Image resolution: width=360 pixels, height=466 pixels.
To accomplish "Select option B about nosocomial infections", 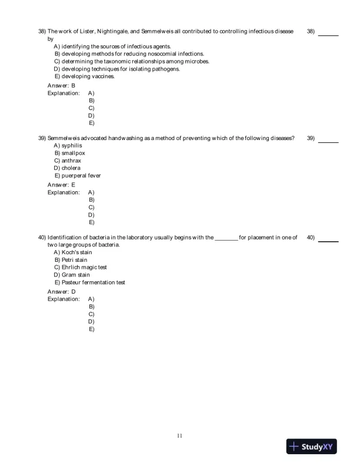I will point(129,54).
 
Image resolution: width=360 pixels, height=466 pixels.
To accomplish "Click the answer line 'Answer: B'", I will point(61,85).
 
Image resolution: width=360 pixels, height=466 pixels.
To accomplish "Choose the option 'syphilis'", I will point(68,145).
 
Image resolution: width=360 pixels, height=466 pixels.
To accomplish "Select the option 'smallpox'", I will point(69,153).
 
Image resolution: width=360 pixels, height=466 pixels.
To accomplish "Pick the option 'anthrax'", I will point(68,161).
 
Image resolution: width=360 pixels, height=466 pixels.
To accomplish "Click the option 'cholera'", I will point(67,168).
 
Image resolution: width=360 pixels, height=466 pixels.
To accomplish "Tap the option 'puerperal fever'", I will point(77,176).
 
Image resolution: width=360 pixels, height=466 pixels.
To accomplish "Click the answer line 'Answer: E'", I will point(61,185).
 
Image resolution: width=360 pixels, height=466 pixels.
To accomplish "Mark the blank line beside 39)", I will point(328,141).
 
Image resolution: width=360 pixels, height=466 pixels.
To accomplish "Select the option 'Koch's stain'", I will point(73,252).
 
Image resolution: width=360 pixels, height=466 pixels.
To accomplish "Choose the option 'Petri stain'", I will point(71,259).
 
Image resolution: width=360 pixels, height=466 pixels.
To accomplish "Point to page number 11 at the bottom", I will point(179,435).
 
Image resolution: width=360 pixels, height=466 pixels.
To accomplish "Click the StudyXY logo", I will point(313,447).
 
